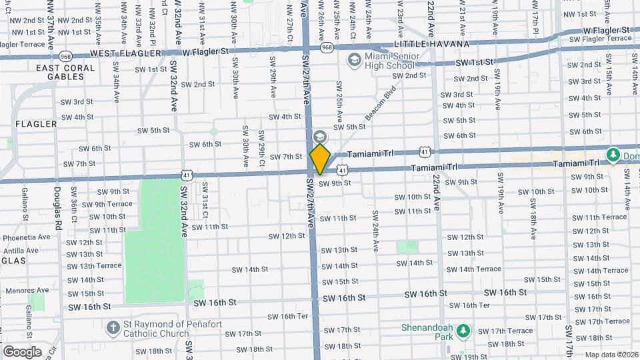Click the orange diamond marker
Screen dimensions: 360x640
coord(320,159)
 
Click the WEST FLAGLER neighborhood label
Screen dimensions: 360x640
coord(126,53)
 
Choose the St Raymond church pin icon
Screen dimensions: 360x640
coord(113,327)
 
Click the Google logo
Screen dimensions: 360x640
coord(22,351)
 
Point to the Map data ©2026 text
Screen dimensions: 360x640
coord(611,355)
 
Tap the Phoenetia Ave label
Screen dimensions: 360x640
coord(27,237)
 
